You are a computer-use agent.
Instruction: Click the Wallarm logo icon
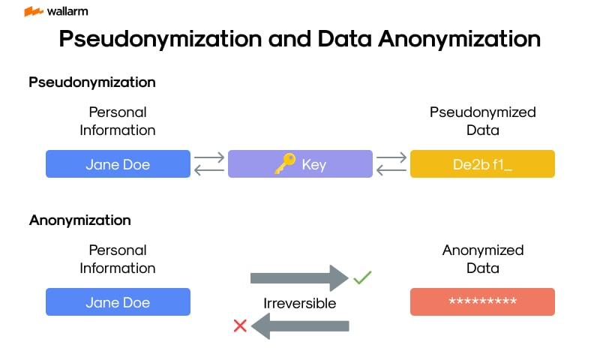pyautogui.click(x=33, y=12)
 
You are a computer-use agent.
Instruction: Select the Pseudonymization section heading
pyautogui.click(x=92, y=82)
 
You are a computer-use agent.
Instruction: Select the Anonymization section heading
pyautogui.click(x=80, y=220)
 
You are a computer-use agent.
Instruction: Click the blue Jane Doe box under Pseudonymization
pyautogui.click(x=118, y=164)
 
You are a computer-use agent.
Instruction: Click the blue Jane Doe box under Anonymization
pyautogui.click(x=118, y=302)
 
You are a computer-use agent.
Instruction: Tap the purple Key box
pyautogui.click(x=300, y=164)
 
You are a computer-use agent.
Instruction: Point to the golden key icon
pyautogui.click(x=284, y=164)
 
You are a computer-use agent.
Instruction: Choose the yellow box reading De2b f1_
pyautogui.click(x=482, y=164)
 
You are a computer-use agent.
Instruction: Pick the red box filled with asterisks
pyautogui.click(x=482, y=301)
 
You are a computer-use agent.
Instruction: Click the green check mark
pyautogui.click(x=362, y=278)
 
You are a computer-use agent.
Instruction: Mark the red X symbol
pyautogui.click(x=240, y=325)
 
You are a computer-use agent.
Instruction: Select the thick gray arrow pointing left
pyautogui.click(x=300, y=325)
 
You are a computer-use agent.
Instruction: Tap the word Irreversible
pyautogui.click(x=299, y=303)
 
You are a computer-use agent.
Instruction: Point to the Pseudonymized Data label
pyautogui.click(x=482, y=121)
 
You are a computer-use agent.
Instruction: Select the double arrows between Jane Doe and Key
pyautogui.click(x=209, y=164)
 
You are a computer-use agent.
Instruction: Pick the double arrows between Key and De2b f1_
pyautogui.click(x=391, y=164)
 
